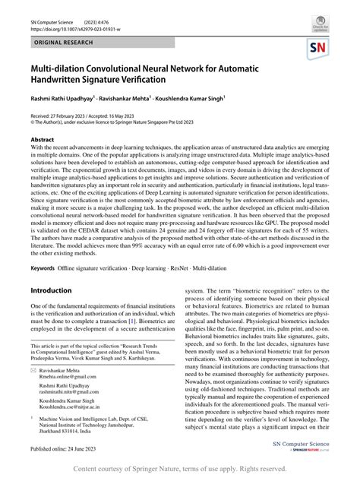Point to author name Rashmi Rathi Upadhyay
pos(61,99)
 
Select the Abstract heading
pos(42,141)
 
